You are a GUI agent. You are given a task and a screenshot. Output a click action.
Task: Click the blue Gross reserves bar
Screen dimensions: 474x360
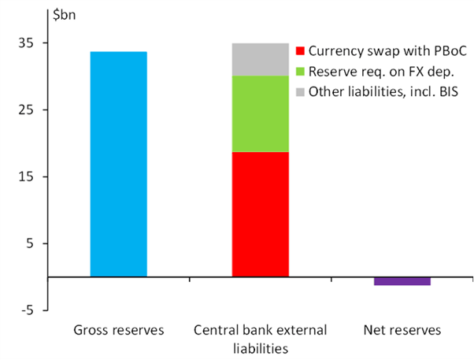(x=118, y=164)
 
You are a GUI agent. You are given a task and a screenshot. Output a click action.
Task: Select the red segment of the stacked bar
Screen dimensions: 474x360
(x=261, y=214)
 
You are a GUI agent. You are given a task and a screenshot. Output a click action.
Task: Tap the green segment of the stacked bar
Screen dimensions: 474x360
(x=261, y=113)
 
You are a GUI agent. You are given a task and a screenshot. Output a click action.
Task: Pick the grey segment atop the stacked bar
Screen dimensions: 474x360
(x=261, y=59)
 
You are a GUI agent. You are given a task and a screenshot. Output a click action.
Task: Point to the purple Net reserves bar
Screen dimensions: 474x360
(x=402, y=281)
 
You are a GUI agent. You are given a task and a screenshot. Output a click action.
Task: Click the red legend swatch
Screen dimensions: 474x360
(x=300, y=51)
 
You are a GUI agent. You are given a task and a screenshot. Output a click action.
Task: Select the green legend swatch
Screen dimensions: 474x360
(x=300, y=72)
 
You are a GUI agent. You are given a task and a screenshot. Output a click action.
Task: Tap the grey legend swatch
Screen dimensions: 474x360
(x=300, y=92)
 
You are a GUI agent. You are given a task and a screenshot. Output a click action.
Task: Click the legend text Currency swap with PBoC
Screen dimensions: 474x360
(x=387, y=51)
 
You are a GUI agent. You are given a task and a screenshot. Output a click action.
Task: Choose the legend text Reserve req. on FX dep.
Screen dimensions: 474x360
(x=382, y=72)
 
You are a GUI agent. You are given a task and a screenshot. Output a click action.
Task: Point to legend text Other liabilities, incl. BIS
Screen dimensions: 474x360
(x=383, y=91)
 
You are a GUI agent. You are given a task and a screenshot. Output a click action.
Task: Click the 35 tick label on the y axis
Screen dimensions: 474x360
(x=26, y=43)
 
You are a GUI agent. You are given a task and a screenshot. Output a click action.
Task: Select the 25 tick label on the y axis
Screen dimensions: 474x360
(x=26, y=109)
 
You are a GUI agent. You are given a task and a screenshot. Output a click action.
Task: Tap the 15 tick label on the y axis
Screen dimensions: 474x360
(x=26, y=176)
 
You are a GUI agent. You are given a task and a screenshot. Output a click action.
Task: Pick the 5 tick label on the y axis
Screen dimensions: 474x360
(x=30, y=243)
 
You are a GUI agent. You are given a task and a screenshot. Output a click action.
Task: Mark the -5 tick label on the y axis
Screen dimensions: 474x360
(x=27, y=310)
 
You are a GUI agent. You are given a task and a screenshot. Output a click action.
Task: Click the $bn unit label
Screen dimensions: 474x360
(x=64, y=15)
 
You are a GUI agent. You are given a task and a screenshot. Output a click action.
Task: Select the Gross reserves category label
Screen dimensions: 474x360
(x=119, y=330)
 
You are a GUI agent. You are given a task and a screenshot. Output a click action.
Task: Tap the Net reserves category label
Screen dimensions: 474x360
(x=402, y=330)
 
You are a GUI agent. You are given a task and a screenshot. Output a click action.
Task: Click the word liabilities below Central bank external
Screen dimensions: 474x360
(x=261, y=348)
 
